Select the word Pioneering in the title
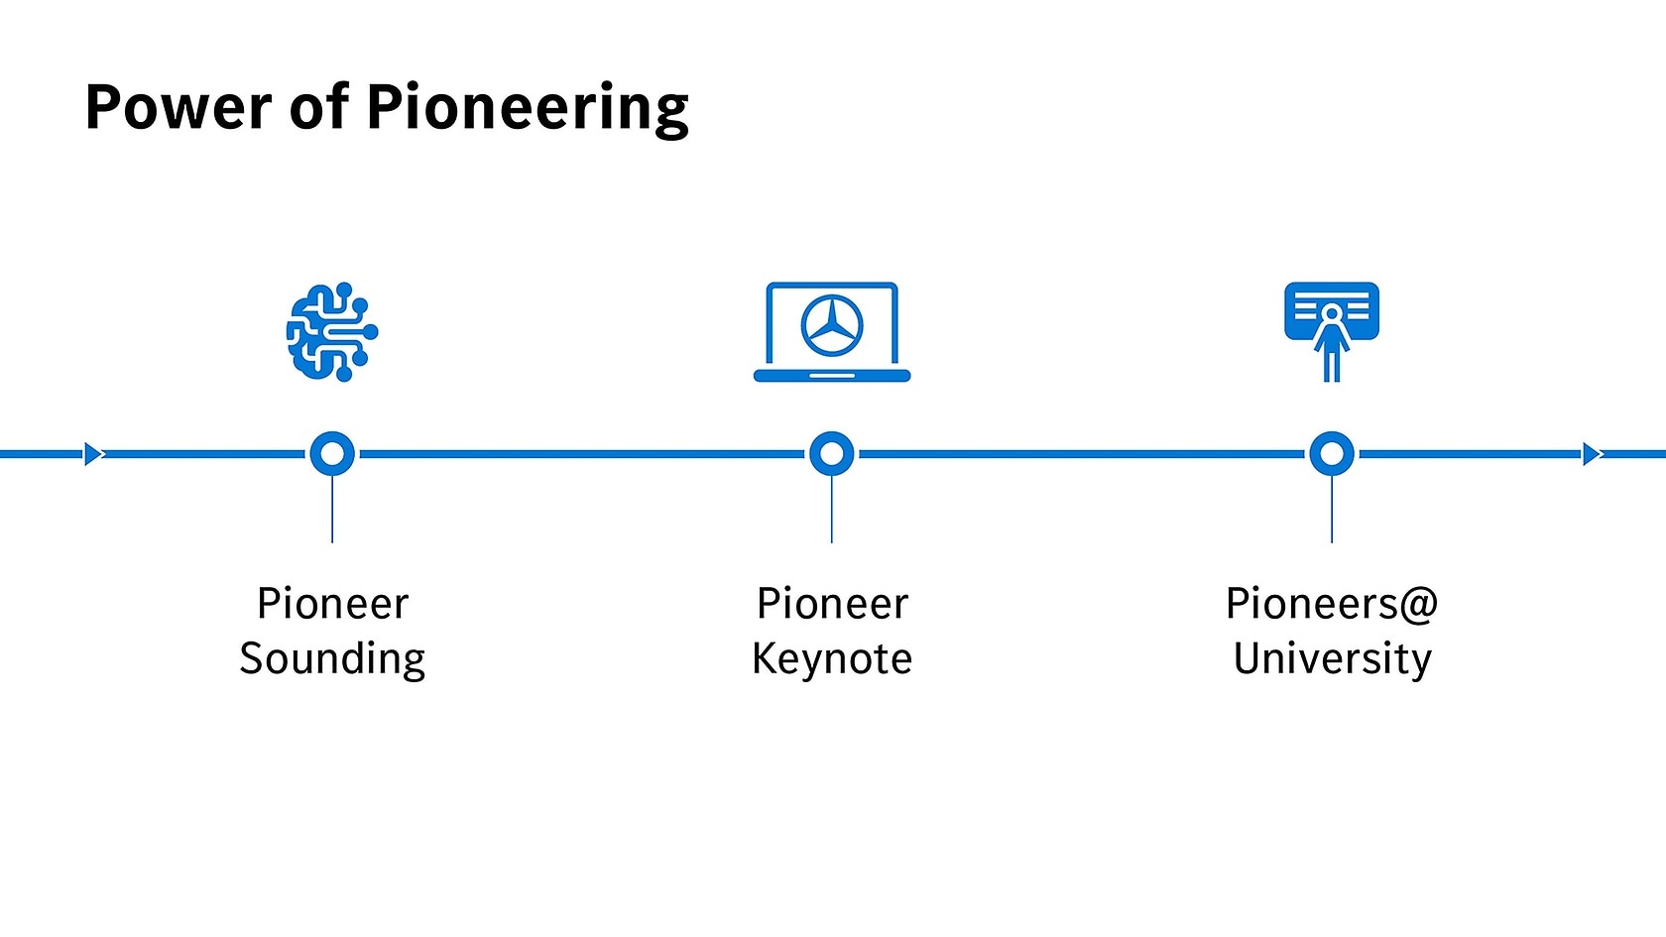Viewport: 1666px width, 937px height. pyautogui.click(x=528, y=107)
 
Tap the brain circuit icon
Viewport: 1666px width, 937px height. pyautogui.click(x=332, y=332)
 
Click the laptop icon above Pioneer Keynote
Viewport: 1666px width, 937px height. pyautogui.click(x=832, y=333)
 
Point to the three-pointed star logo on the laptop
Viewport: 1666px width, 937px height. pyautogui.click(x=832, y=325)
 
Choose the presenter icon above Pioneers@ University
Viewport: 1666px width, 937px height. pyautogui.click(x=1332, y=331)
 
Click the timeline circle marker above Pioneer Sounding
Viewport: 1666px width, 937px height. pyautogui.click(x=332, y=454)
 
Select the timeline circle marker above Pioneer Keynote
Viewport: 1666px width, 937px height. pyautogui.click(x=832, y=454)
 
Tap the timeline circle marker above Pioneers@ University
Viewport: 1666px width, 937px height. pyautogui.click(x=1332, y=454)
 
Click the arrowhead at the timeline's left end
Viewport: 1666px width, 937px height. pyautogui.click(x=93, y=454)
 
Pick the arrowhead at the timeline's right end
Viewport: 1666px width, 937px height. pyautogui.click(x=1592, y=454)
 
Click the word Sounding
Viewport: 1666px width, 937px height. pyautogui.click(x=332, y=659)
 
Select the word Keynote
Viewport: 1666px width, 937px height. pyautogui.click(x=832, y=659)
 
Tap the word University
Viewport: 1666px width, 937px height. pyautogui.click(x=1332, y=659)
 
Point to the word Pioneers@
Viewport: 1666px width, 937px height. pyautogui.click(x=1332, y=604)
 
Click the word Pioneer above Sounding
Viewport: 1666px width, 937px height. pyautogui.click(x=332, y=604)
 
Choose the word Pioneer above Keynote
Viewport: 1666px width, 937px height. pyautogui.click(x=832, y=604)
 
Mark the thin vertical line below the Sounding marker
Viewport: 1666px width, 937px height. pyautogui.click(x=332, y=511)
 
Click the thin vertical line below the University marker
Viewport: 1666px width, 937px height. pyautogui.click(x=1332, y=511)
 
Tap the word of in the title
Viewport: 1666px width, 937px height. pyautogui.click(x=318, y=107)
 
